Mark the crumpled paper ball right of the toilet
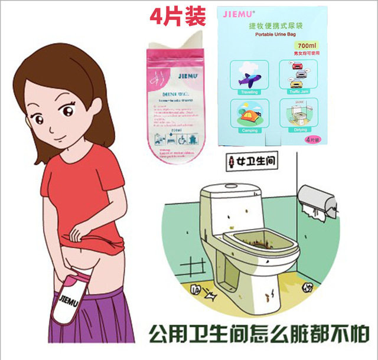click(x=308, y=287)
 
